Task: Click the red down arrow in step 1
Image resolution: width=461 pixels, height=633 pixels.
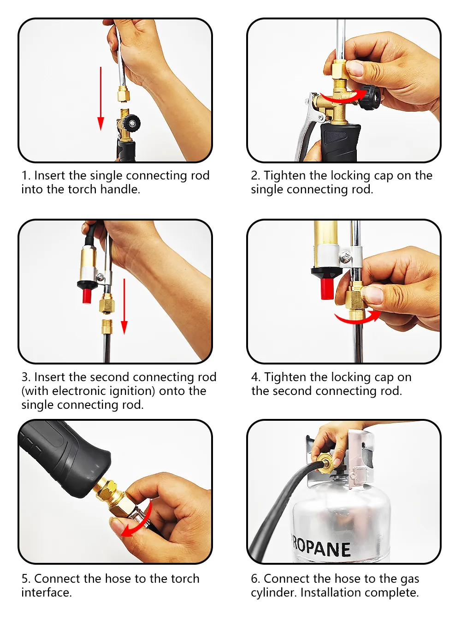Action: point(100,99)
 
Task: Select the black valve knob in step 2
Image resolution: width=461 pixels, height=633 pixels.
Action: point(371,97)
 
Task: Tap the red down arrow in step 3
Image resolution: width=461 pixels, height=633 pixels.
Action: point(124,306)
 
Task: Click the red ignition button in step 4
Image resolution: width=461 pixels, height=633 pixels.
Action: point(327,289)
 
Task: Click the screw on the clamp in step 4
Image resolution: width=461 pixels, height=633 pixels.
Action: point(346,257)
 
